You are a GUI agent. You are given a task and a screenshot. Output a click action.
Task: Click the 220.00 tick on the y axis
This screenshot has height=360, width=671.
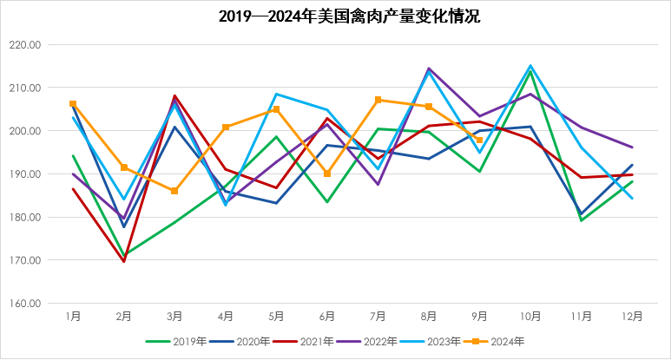coord(24,45)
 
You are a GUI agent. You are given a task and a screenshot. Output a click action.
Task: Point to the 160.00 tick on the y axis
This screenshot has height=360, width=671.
coord(24,304)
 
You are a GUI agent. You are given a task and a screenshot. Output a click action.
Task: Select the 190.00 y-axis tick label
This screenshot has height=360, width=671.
coord(24,174)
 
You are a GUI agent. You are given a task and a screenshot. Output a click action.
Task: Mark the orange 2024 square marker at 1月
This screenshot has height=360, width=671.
coord(73,104)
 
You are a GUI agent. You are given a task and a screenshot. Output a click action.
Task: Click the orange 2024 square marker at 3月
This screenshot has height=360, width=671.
coord(174,191)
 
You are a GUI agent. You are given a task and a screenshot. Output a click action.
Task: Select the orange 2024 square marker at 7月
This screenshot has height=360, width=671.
coord(378,100)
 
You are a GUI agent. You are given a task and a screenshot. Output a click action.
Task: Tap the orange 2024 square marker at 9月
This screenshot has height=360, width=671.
coord(479,141)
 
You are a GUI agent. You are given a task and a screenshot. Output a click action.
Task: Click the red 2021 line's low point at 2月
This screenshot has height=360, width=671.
coord(124,261)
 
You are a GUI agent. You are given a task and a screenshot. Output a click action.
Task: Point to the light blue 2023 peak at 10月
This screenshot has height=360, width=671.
coord(530,66)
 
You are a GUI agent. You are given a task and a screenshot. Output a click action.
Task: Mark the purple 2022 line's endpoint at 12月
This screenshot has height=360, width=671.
coord(632,147)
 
